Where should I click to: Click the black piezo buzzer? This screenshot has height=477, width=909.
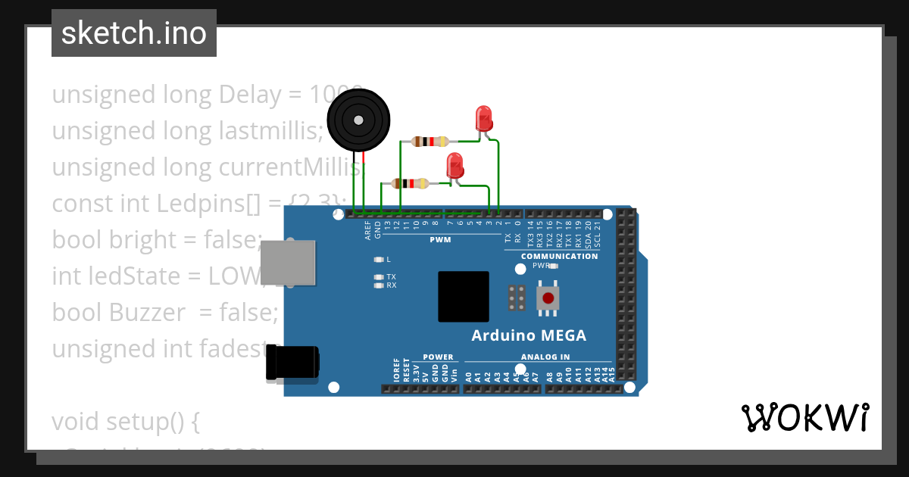coord(358,120)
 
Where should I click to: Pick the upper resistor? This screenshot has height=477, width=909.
coord(430,141)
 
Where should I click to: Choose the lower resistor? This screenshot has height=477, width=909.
coord(410,183)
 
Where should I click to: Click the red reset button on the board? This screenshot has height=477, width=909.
coord(548,298)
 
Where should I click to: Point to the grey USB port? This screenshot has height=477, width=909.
coord(288,263)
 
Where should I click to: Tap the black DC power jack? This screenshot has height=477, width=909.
coord(292,363)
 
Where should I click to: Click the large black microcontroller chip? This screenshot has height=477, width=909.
coord(464,298)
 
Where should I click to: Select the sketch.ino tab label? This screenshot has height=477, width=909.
coord(134,33)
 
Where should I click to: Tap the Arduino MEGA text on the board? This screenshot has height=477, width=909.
coord(529,335)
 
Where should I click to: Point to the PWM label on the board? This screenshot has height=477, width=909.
coord(440,240)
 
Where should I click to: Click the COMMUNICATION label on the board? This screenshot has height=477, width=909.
coord(559,256)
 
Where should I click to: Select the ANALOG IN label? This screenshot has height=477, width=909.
coord(545,357)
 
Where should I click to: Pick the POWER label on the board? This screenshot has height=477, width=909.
coord(438,357)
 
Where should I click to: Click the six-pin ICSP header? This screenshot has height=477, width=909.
coord(517,298)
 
